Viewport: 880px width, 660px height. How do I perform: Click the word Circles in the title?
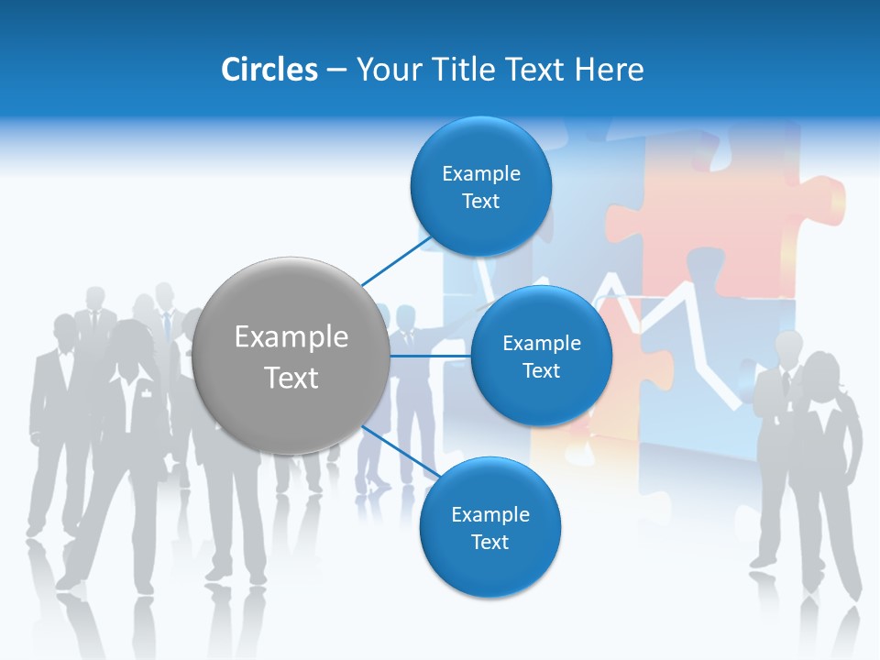(x=269, y=70)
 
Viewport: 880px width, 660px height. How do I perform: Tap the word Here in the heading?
(x=609, y=70)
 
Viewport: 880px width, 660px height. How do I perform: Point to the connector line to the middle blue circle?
(x=431, y=356)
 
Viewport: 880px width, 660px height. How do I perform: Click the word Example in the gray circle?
(x=291, y=337)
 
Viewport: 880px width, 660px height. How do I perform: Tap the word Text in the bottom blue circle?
(x=489, y=542)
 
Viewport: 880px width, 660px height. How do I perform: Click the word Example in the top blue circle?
(x=480, y=173)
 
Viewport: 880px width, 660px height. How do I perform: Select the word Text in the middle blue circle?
(x=541, y=370)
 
